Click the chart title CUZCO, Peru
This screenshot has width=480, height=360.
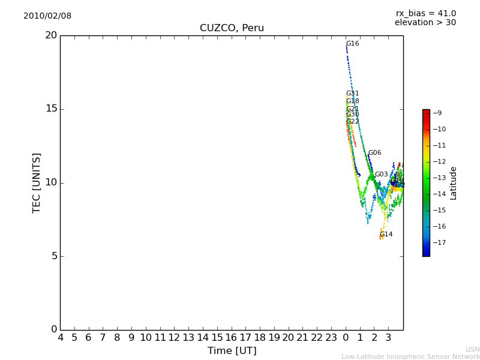pos(232,28)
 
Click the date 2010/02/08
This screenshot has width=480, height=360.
pos(47,16)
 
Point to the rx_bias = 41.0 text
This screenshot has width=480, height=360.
pos(426,14)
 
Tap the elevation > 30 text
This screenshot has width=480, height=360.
pos(425,23)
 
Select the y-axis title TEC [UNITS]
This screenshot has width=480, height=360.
pos(37,182)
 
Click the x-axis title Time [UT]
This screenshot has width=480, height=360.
pos(232,351)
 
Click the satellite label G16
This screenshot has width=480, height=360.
pos(353,44)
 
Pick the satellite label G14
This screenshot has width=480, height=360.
pos(386,235)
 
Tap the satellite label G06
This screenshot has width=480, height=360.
pos(375,153)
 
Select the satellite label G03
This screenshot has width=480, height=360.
pos(382,175)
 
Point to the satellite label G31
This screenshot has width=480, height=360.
pos(353,94)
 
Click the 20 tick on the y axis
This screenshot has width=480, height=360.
pos(51,35)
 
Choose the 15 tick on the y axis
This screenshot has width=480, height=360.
pos(51,109)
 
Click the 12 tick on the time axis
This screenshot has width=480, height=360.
pos(175,338)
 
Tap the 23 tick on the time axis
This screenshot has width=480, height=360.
pos(332,338)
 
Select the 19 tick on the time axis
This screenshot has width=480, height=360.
pos(274,338)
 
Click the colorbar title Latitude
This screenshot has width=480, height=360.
pos(454,183)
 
